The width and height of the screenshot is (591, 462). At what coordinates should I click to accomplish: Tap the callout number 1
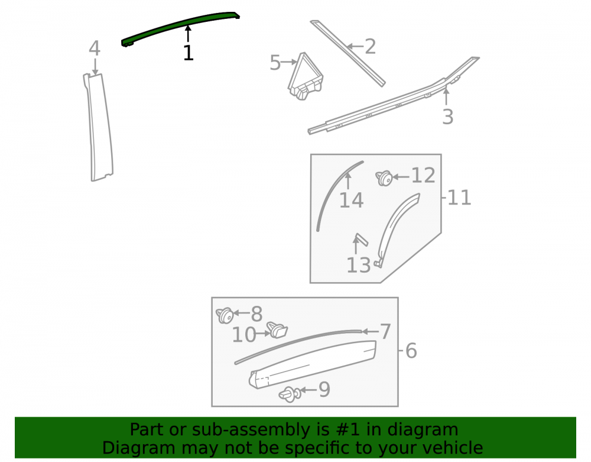click(188, 53)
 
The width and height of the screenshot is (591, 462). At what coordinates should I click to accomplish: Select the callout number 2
click(370, 47)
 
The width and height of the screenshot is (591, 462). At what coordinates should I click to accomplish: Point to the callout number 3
click(447, 117)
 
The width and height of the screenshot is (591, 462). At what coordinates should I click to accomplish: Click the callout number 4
click(94, 49)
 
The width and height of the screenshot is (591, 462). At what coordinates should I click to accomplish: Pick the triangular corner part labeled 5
click(305, 77)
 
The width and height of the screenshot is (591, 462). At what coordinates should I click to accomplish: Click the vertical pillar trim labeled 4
click(99, 127)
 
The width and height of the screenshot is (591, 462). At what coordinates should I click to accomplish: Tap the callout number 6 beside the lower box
click(411, 351)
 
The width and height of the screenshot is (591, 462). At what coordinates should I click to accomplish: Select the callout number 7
click(385, 332)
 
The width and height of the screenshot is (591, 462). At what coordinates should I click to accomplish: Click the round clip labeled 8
click(225, 315)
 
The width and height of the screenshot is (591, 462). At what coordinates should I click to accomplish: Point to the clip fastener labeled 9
click(290, 394)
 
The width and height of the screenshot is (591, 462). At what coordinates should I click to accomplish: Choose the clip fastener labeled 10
click(277, 330)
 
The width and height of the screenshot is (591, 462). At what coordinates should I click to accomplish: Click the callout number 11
click(459, 198)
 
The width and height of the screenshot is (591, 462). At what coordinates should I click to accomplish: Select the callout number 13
click(359, 265)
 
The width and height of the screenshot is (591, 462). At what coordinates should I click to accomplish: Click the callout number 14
click(351, 200)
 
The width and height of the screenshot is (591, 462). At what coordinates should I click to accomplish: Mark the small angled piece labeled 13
click(361, 240)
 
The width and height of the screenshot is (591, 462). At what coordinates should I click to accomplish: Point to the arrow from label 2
click(355, 47)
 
